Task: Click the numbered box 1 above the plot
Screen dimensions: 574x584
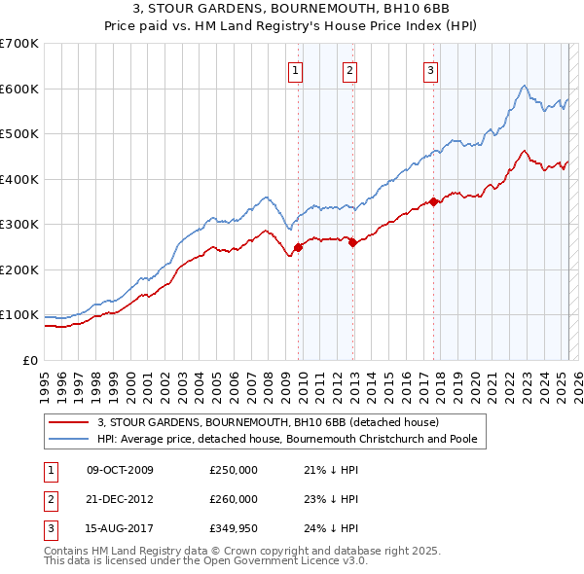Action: coord(294,69)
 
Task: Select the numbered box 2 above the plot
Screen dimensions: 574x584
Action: coord(348,69)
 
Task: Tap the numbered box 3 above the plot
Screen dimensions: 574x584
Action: coord(429,69)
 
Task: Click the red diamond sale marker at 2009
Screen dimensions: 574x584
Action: coord(298,247)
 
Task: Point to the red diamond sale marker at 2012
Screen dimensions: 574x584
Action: coord(353,243)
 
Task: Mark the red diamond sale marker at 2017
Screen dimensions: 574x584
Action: coord(433,202)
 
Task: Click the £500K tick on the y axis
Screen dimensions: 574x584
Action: coord(19,134)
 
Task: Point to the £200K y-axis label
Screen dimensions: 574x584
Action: coord(19,269)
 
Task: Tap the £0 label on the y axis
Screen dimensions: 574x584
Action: coord(30,360)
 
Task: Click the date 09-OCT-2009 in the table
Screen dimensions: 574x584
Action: coord(120,471)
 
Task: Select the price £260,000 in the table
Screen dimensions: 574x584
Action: coord(234,499)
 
